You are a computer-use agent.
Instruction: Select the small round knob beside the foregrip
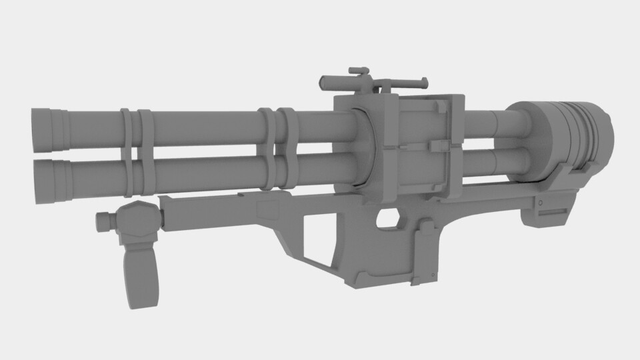click(103, 221)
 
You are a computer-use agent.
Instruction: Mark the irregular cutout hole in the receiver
click(389, 217)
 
